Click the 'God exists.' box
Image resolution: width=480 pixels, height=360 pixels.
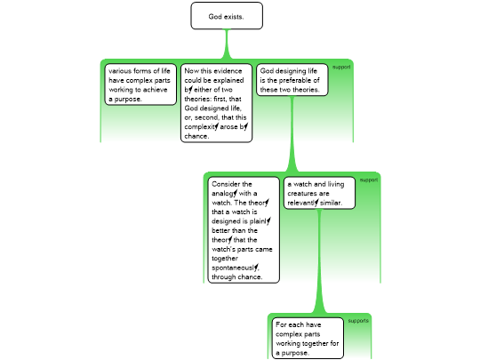click(x=227, y=16)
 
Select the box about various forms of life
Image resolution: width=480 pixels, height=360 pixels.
click(x=140, y=84)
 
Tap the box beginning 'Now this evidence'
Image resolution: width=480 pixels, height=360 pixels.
click(x=216, y=103)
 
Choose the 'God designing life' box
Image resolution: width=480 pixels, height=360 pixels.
click(x=292, y=80)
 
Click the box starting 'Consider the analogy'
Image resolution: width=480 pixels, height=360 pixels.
click(x=244, y=230)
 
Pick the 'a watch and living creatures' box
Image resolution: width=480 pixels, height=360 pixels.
click(x=319, y=193)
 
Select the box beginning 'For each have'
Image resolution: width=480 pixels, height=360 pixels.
click(x=308, y=339)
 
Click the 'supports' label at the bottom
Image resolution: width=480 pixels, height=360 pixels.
click(x=358, y=321)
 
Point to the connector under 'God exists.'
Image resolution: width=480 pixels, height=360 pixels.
click(x=227, y=44)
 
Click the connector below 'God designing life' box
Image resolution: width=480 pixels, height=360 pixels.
click(x=292, y=134)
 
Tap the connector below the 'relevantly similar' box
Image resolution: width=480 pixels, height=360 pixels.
click(x=319, y=261)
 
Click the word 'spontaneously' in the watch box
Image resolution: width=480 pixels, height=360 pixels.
click(x=235, y=268)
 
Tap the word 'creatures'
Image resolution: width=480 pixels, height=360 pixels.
click(x=308, y=194)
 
